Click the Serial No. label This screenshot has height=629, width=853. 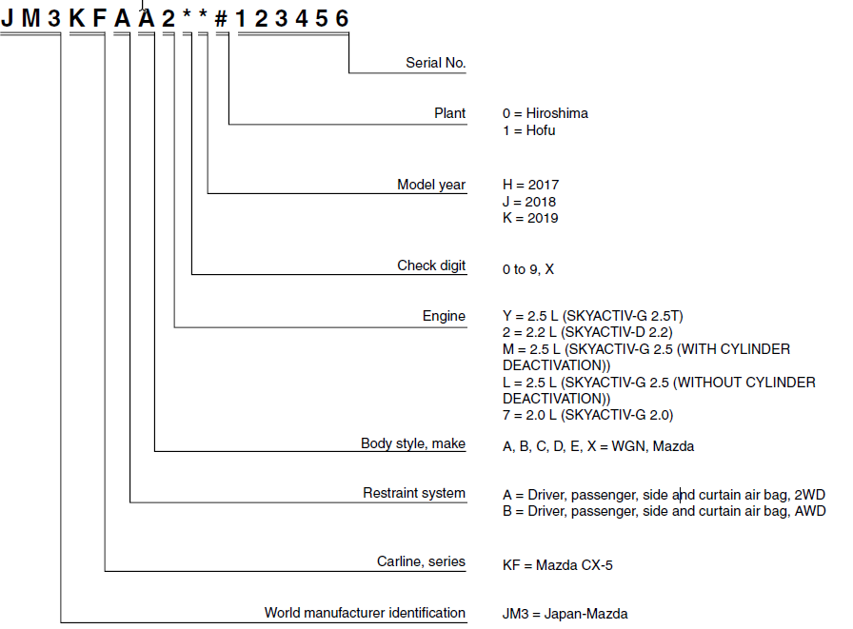point(435,64)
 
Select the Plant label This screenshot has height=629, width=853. point(449,113)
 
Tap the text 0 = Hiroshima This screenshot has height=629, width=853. point(546,113)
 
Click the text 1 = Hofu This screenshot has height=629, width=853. point(528,130)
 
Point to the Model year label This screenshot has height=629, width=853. point(431,185)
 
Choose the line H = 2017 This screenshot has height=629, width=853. point(530,185)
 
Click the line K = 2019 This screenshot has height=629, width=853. point(530,219)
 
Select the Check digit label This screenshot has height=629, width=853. point(431,265)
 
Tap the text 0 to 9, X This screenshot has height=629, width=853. point(528,269)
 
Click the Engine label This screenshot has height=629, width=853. point(444,316)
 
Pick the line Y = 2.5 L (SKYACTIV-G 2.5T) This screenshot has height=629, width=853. point(593,316)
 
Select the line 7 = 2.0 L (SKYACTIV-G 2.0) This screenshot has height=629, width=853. point(587,415)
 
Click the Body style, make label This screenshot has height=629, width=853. point(413,443)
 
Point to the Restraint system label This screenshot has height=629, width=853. point(414,493)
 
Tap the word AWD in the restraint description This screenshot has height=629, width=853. point(811,511)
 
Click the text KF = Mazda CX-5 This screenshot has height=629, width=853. point(558,565)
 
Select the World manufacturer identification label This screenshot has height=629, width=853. point(365,613)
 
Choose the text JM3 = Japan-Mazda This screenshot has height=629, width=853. point(565,615)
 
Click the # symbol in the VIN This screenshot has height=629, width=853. point(222,18)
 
